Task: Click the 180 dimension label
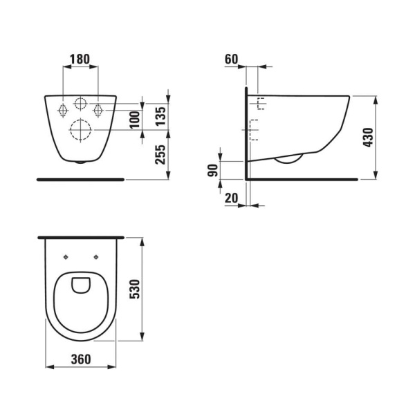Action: click(x=81, y=59)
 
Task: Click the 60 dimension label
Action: click(x=231, y=59)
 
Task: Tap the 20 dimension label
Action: click(x=231, y=198)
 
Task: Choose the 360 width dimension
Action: click(x=81, y=359)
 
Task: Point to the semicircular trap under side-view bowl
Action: click(x=288, y=160)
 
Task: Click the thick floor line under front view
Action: click(x=81, y=179)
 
